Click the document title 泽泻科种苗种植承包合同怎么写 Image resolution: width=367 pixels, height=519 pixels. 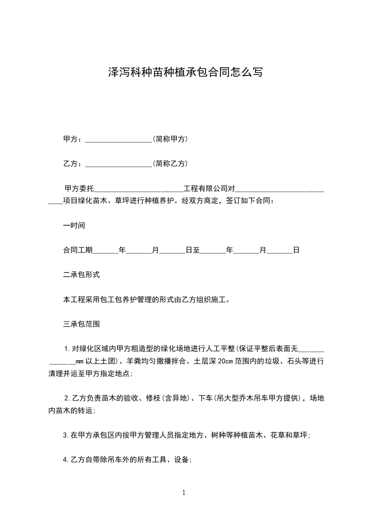click(185, 73)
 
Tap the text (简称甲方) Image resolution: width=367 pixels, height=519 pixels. click(170, 139)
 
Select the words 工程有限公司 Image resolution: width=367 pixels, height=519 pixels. click(206, 189)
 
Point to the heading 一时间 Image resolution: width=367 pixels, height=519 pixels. click(74, 226)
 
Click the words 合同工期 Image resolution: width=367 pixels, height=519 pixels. click(78, 250)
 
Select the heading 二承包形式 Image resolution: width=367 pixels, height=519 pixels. click(81, 275)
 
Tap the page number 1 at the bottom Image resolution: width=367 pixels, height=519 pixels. click(184, 493)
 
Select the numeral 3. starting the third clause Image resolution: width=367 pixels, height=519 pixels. click(65, 435)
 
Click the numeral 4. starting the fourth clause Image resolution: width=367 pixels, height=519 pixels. click(65, 459)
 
